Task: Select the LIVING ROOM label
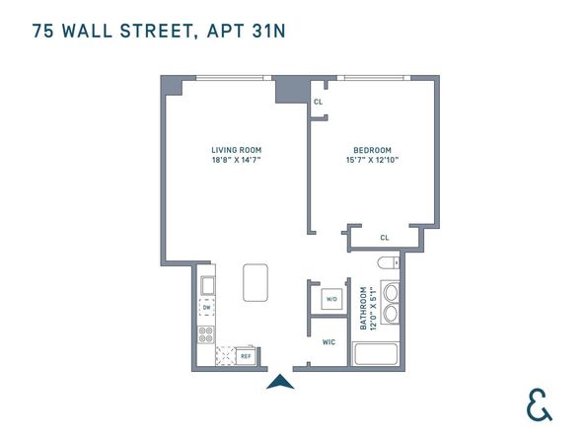pos(235,150)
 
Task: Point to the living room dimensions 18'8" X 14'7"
pos(235,160)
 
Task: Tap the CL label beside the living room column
pos(318,102)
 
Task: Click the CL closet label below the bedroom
pos(384,238)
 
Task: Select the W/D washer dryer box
pos(331,299)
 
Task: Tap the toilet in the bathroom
pos(388,262)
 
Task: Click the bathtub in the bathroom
pos(375,353)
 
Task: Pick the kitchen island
pos(256,282)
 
